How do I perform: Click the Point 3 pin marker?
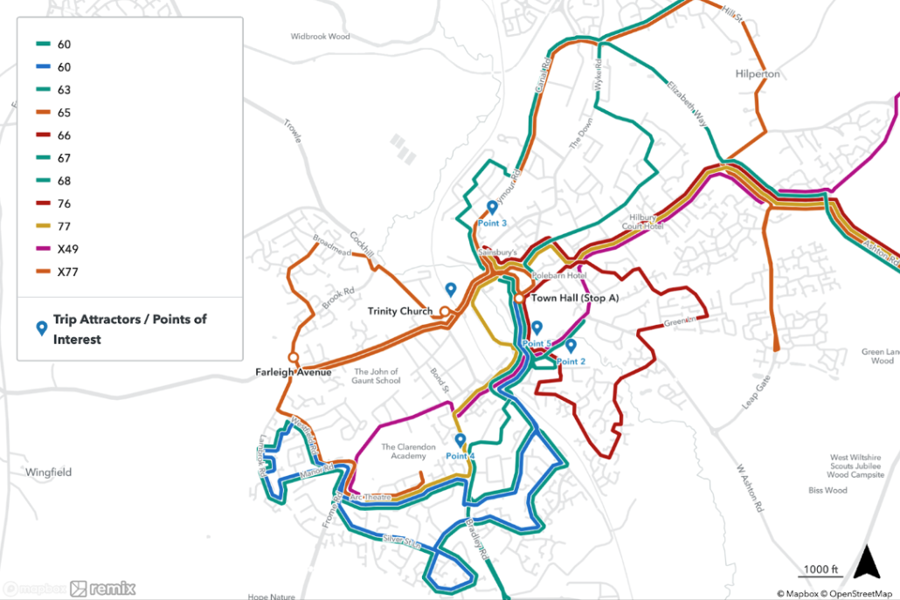(492, 208)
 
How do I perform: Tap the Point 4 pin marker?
(460, 440)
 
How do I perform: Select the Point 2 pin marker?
(571, 346)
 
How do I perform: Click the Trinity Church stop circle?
(444, 311)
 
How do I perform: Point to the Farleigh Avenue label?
(294, 372)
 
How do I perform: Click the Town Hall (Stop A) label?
(575, 298)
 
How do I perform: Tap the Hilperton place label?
(757, 74)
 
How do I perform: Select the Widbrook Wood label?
(320, 37)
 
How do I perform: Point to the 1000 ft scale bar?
(820, 574)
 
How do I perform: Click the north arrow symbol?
(866, 562)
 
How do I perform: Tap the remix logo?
(103, 589)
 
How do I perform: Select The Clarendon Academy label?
(408, 452)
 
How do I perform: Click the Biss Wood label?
(827, 491)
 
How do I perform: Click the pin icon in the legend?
(40, 328)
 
